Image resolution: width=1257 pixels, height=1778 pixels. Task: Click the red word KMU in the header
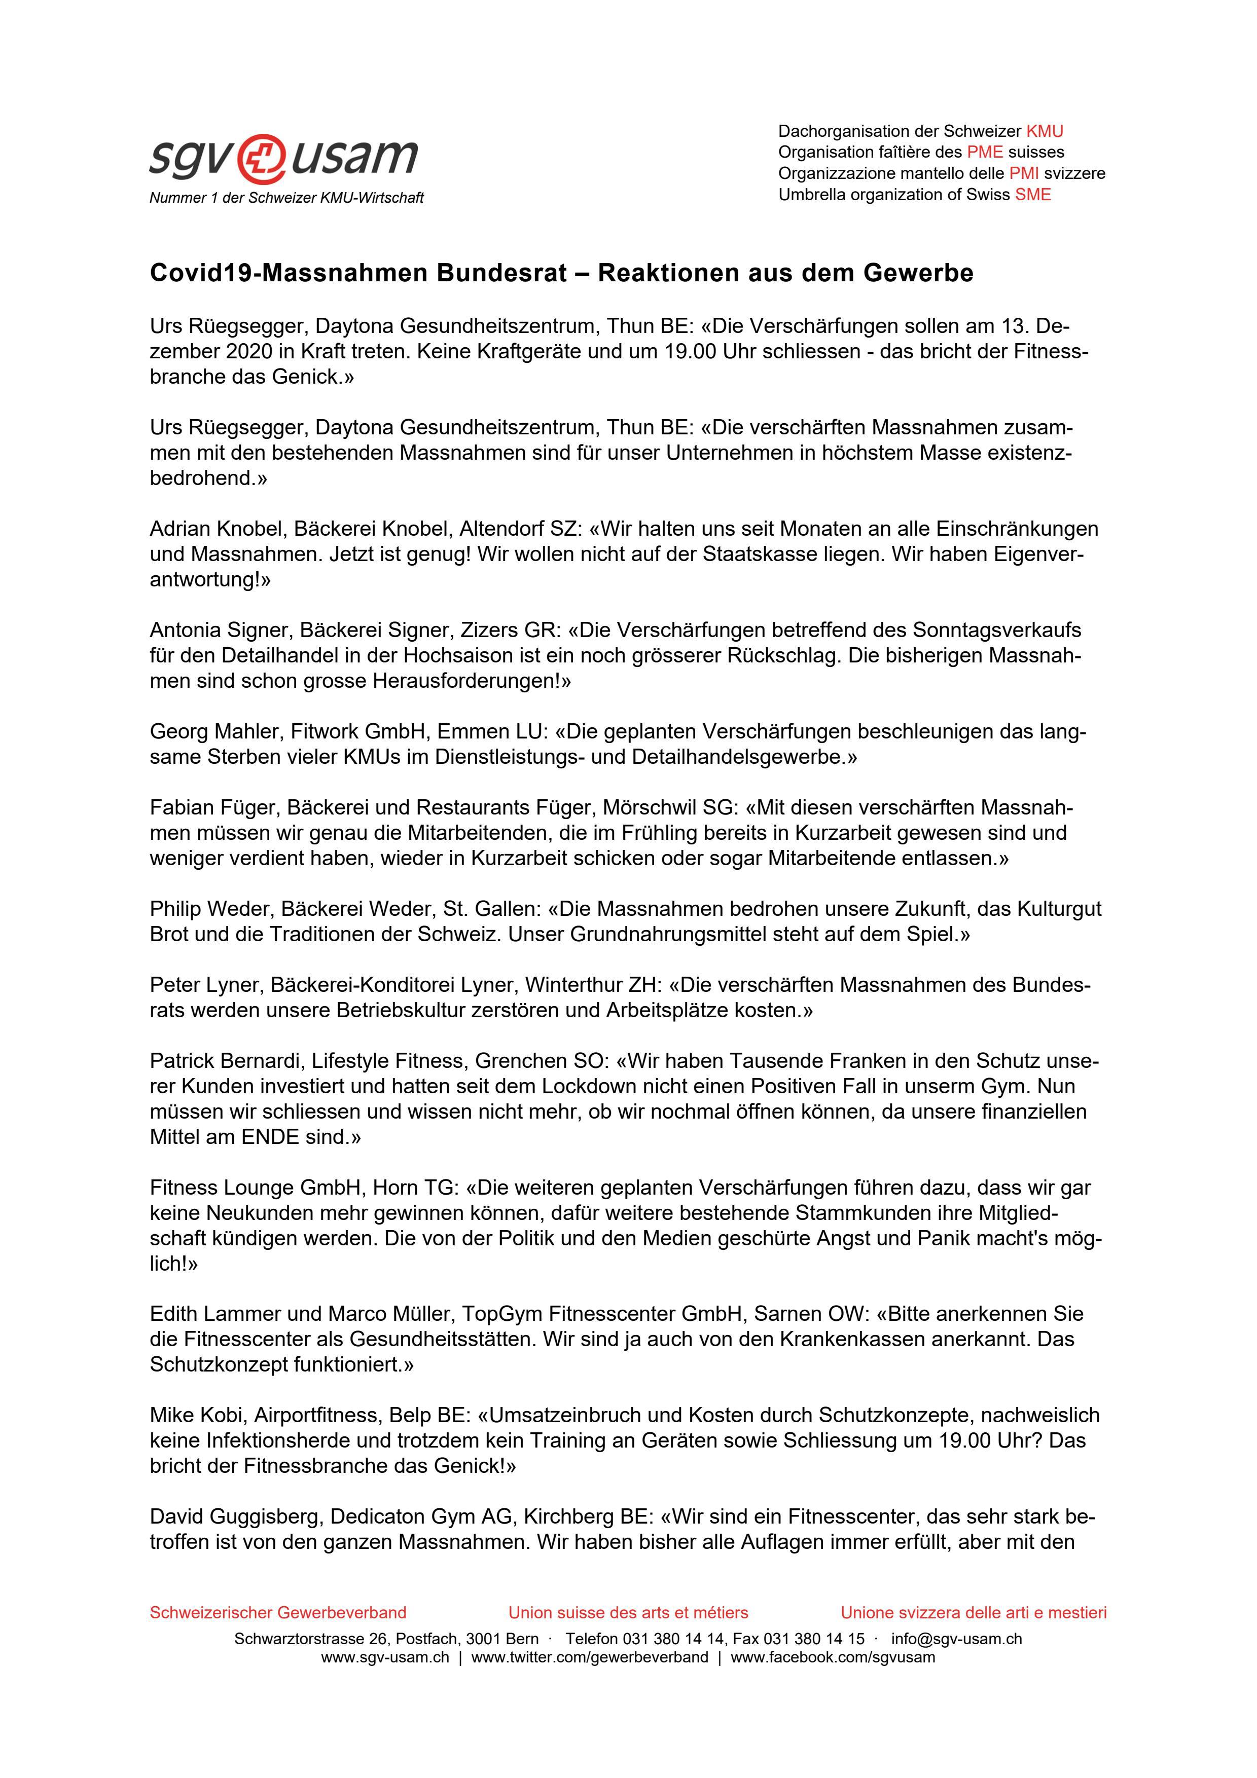point(1044,132)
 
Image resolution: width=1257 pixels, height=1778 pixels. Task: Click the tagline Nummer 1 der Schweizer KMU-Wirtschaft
point(286,198)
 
